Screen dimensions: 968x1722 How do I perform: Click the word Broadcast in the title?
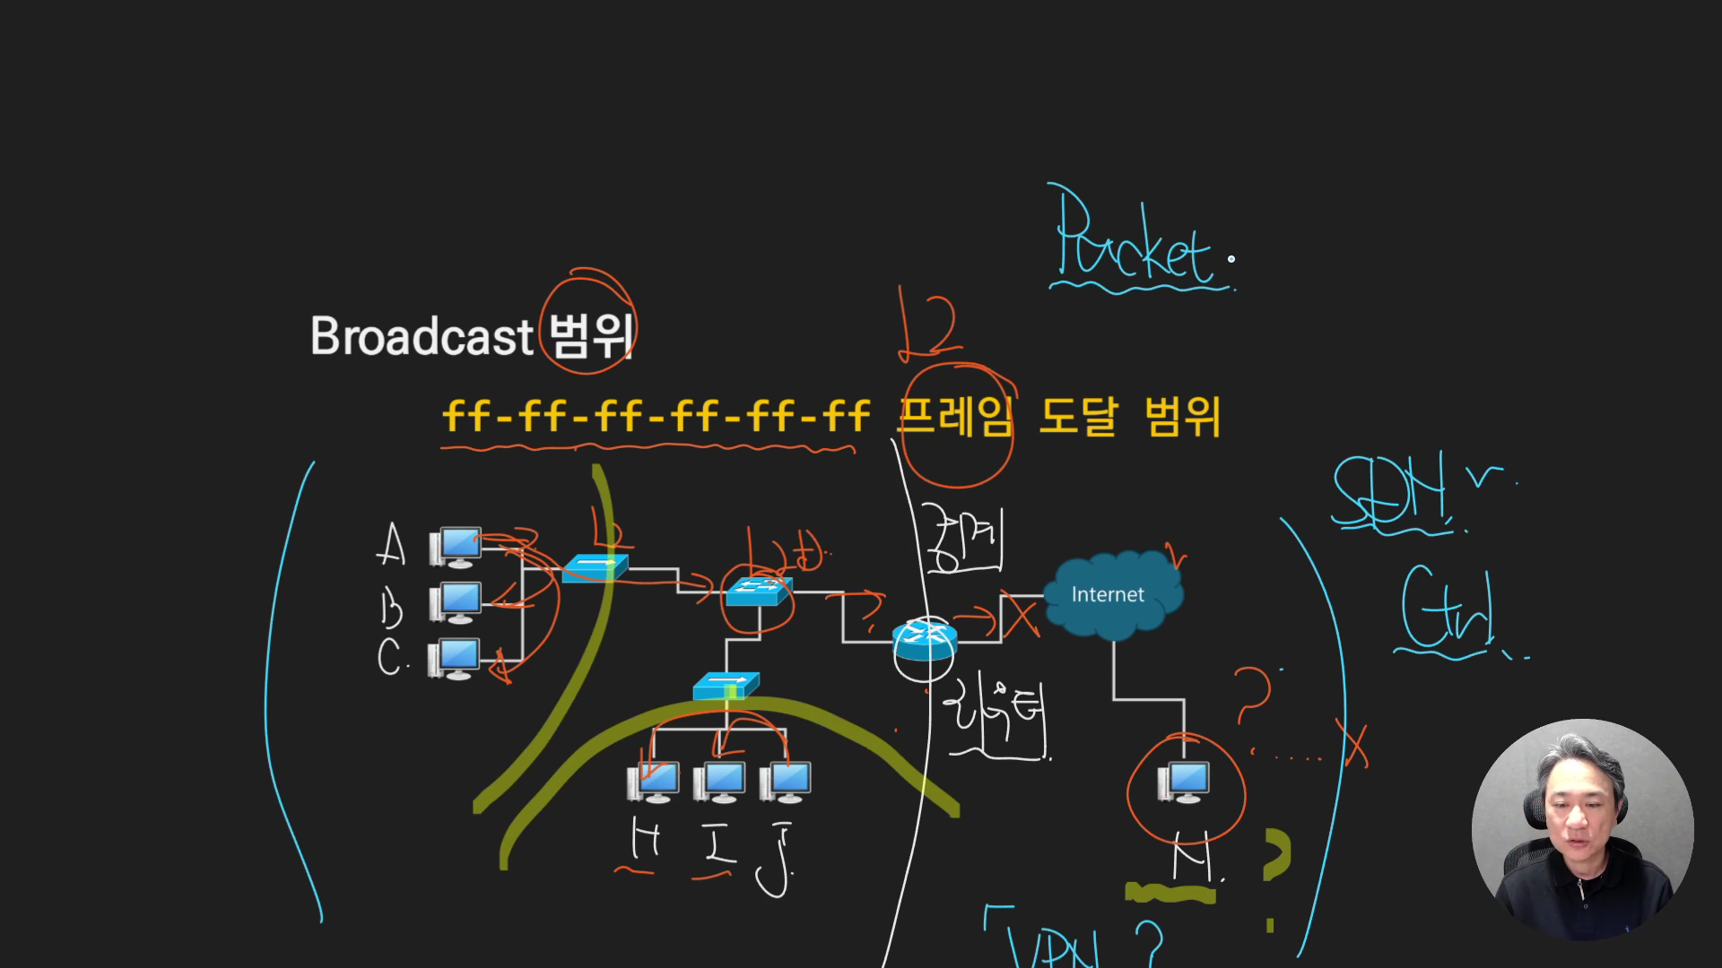[422, 337]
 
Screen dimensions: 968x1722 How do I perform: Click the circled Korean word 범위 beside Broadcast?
[589, 335]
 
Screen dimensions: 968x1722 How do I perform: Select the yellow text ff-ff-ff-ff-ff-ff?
[656, 417]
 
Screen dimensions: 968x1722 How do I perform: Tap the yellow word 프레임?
[955, 417]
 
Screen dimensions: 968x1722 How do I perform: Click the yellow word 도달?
[1078, 417]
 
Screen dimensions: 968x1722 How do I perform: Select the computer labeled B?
[457, 602]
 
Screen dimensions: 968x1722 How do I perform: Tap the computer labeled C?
[457, 659]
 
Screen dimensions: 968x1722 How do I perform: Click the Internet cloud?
[1112, 596]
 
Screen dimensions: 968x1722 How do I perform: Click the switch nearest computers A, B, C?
[595, 568]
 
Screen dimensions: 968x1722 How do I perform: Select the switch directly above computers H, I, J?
[726, 687]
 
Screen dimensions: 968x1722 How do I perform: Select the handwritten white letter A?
[391, 545]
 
